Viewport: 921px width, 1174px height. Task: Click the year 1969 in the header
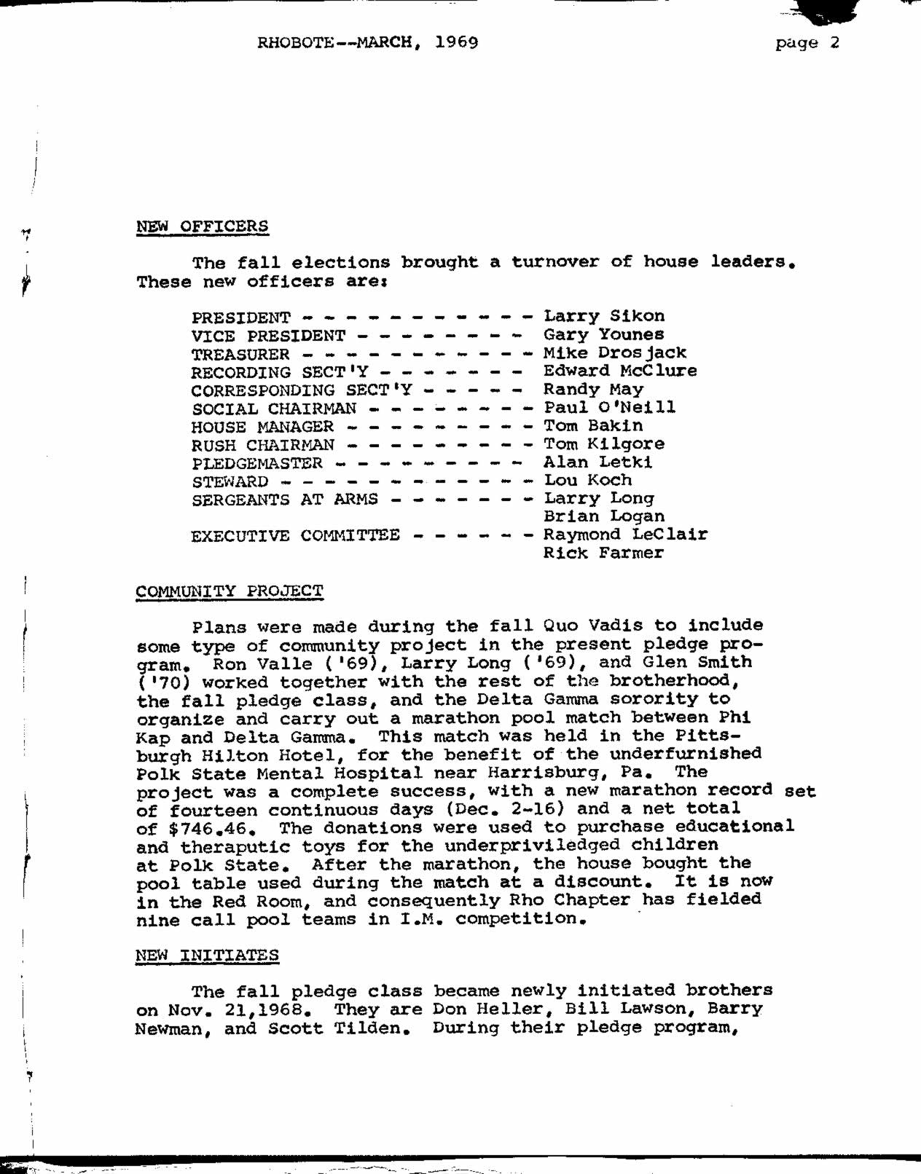pyautogui.click(x=456, y=42)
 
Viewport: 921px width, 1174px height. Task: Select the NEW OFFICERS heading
pyautogui.click(x=202, y=226)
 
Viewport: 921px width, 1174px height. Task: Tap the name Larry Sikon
pyautogui.click(x=604, y=316)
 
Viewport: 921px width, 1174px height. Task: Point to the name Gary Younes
pyautogui.click(x=603, y=335)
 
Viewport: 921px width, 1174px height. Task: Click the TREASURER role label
pyautogui.click(x=240, y=355)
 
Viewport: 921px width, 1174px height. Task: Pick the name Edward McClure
pyautogui.click(x=619, y=371)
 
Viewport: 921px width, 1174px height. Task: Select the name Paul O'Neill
pyautogui.click(x=609, y=407)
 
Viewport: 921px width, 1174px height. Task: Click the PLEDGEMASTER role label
pyautogui.click(x=256, y=463)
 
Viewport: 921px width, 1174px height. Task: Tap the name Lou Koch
pyautogui.click(x=587, y=480)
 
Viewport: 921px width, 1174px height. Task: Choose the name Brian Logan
pyautogui.click(x=603, y=516)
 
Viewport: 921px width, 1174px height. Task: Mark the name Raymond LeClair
pyautogui.click(x=625, y=535)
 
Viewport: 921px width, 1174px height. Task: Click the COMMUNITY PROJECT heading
pyautogui.click(x=229, y=591)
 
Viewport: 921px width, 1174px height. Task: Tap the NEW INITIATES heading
pyautogui.click(x=207, y=956)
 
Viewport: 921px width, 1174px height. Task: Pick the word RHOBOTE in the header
pyautogui.click(x=295, y=42)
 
